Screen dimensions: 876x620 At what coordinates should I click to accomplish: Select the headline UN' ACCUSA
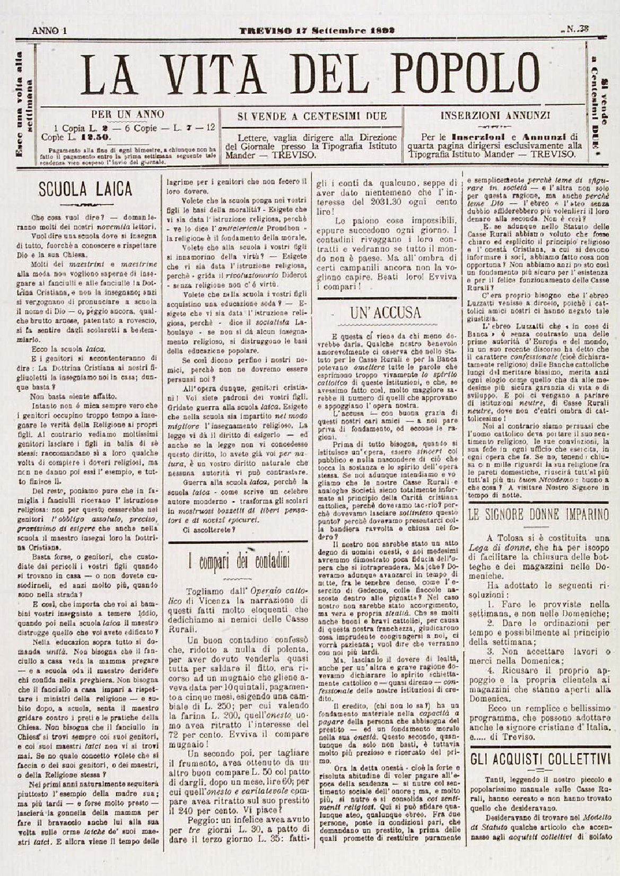pos(385,313)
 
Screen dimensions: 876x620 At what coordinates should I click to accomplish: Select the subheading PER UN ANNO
pos(128,114)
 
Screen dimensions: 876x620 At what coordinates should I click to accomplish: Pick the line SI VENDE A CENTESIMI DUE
pos(312,116)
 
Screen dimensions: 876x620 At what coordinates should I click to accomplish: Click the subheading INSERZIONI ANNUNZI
pos(495,114)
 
